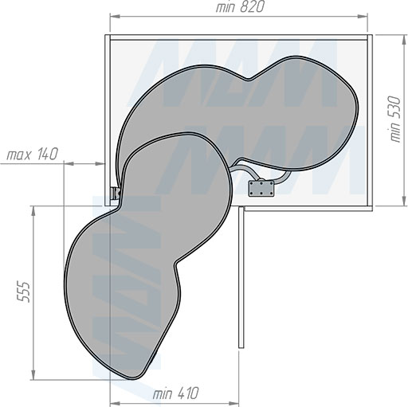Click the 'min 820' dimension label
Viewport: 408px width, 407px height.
240,7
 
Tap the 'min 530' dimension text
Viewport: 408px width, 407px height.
395,119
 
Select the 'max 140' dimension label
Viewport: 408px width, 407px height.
32,155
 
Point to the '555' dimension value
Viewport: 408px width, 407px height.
22,292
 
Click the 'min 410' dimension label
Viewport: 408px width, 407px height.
175,393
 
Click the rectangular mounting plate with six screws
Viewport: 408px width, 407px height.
261,189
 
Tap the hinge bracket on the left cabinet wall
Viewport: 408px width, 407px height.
116,193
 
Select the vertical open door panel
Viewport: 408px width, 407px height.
241,277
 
